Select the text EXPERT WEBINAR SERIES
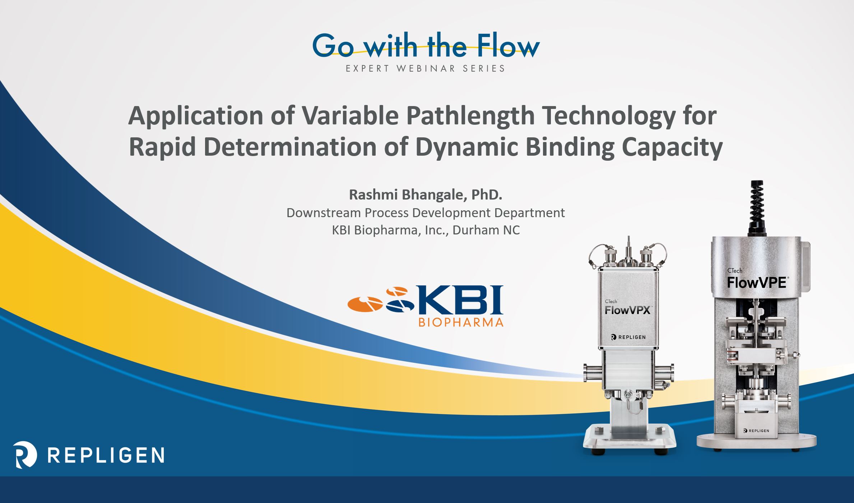point(426,68)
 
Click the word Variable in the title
point(350,116)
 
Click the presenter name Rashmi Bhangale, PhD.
point(426,195)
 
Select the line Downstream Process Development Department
point(426,213)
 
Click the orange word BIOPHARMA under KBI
point(461,322)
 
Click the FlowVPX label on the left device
point(627,310)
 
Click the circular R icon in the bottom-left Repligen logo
point(25,454)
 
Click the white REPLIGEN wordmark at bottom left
point(106,455)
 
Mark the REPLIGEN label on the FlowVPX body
point(628,337)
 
